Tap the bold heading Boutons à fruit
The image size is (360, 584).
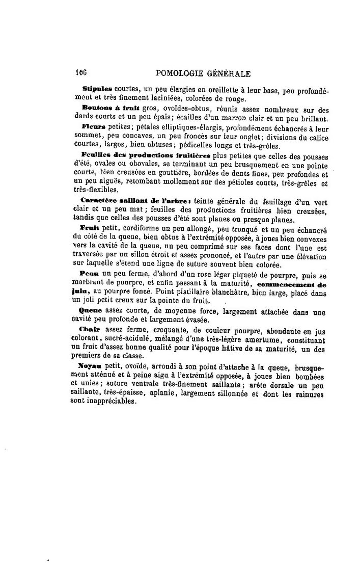tap(100, 110)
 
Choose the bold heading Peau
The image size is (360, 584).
tap(90, 274)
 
